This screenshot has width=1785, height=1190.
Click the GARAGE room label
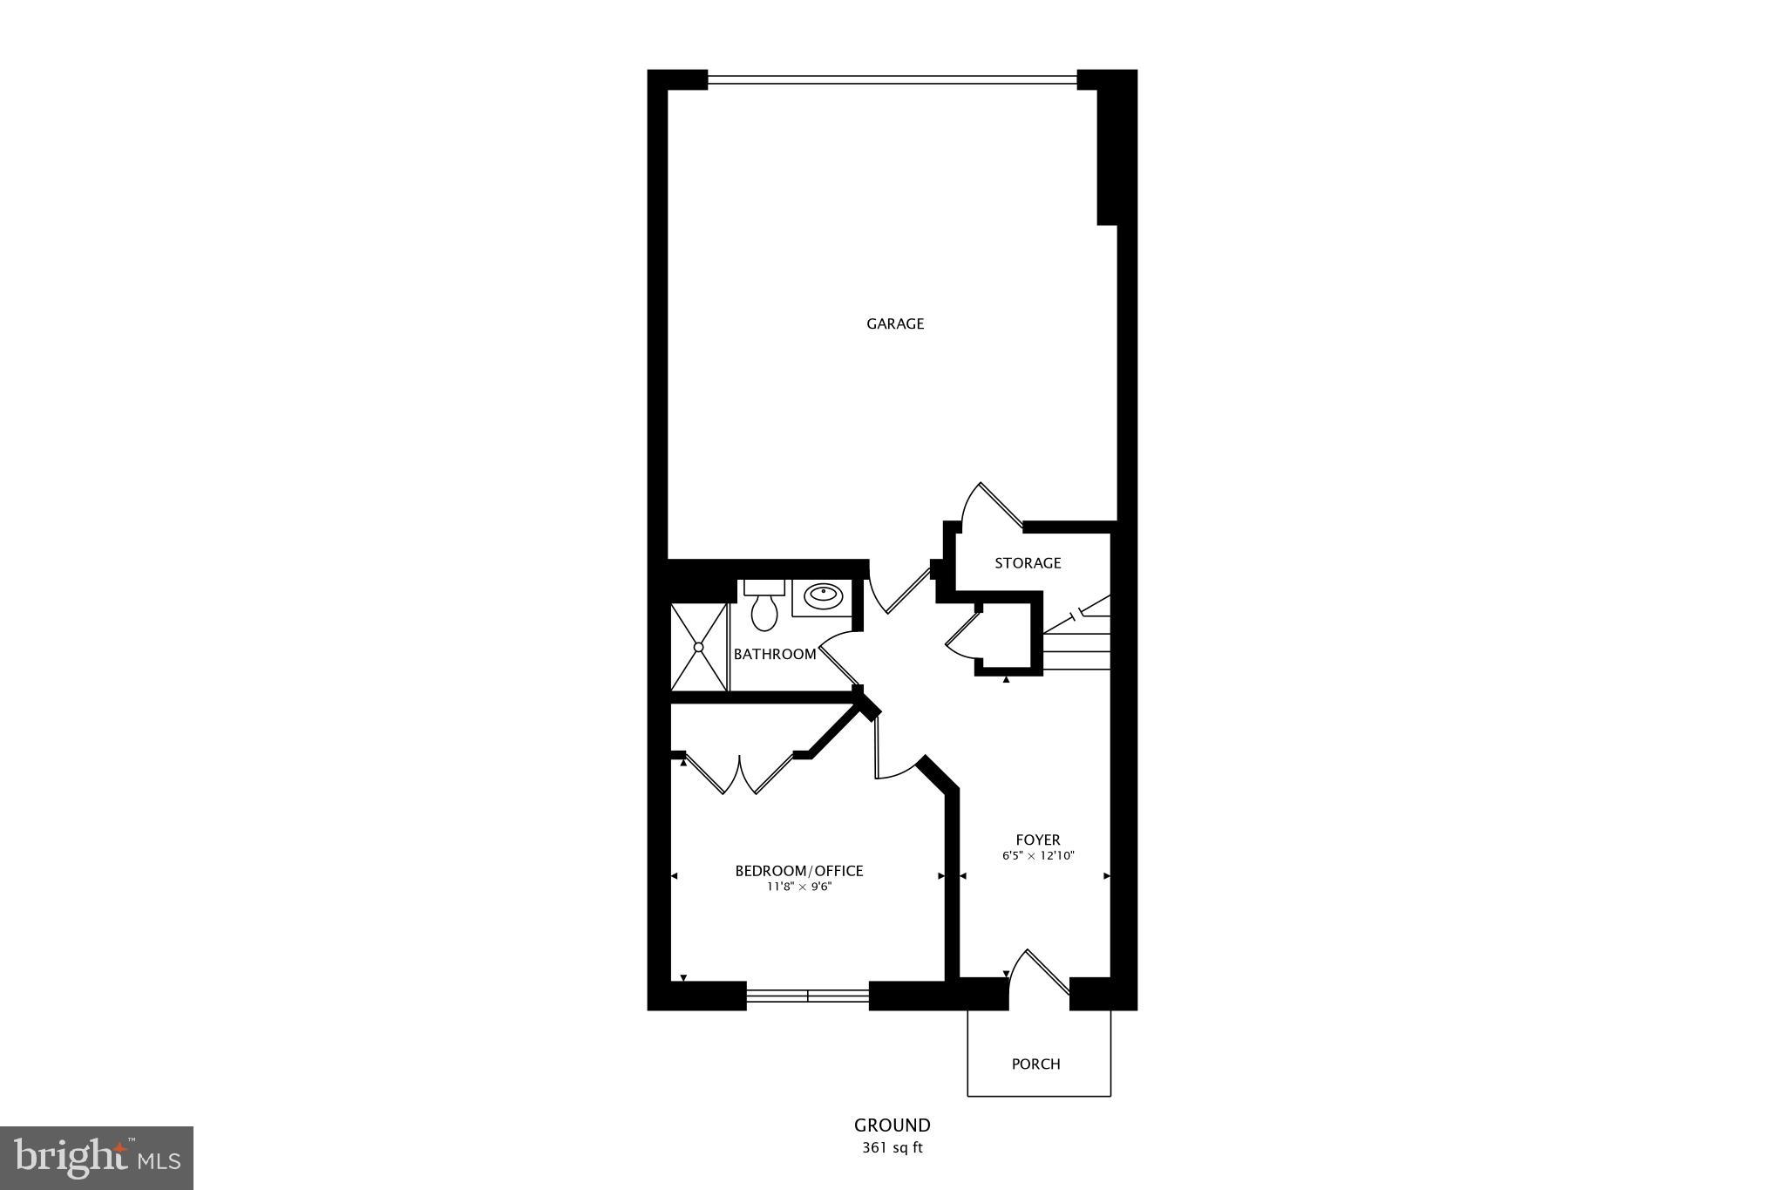(894, 323)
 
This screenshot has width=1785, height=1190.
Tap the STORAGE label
(1028, 563)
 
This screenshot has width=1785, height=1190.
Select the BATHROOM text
(774, 654)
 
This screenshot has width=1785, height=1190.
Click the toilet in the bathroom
(764, 607)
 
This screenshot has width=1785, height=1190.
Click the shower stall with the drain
(698, 646)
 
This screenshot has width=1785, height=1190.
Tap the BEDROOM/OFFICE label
(798, 871)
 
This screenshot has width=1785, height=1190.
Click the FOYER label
(1037, 840)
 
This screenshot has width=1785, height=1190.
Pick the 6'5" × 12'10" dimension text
(1037, 856)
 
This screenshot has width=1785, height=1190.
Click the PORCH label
(1035, 1064)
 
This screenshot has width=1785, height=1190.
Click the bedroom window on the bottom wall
(807, 995)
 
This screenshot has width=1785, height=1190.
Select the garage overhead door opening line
(892, 80)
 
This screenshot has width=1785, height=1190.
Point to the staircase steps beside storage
(1078, 641)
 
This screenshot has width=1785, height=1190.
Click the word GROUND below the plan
(892, 1125)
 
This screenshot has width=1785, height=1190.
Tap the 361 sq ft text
(892, 1148)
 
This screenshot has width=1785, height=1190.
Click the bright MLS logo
(97, 1158)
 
